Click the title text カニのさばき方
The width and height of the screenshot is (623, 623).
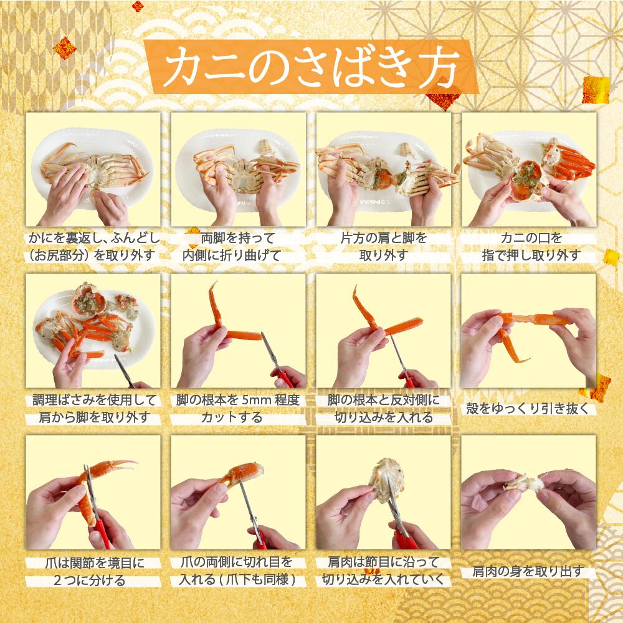[x=312, y=67]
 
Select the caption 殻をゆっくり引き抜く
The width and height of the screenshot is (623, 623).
[x=528, y=409]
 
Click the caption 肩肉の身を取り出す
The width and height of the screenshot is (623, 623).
[x=528, y=571]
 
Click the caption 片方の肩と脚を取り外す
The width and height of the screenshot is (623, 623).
[x=384, y=247]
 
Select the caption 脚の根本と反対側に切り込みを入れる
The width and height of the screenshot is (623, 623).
[x=384, y=409]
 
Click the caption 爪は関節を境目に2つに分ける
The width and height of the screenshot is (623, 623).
[x=93, y=571]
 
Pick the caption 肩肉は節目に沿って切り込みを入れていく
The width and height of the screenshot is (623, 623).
[x=383, y=571]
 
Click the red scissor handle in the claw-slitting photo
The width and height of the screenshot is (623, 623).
[x=259, y=538]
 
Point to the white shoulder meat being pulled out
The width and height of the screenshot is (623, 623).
[x=525, y=483]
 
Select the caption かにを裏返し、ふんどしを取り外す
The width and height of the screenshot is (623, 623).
[x=93, y=247]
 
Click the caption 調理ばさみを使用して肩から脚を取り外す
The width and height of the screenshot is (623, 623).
[x=93, y=409]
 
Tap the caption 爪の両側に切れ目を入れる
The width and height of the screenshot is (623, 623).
[x=237, y=571]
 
